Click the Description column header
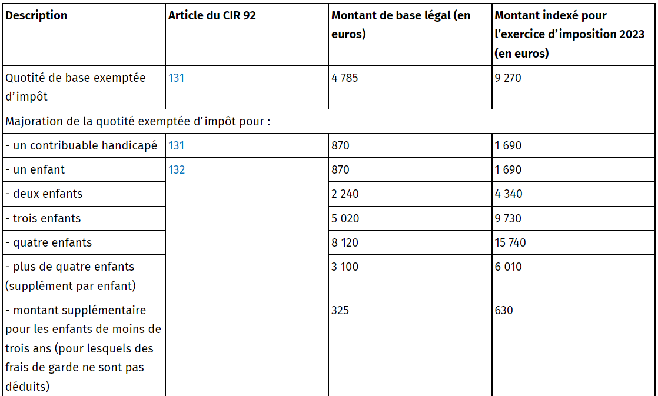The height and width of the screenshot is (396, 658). pyautogui.click(x=36, y=15)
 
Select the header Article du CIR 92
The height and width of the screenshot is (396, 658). pyautogui.click(x=212, y=15)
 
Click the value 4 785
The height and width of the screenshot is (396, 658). pyautogui.click(x=345, y=78)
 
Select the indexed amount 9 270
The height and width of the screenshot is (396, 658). pyautogui.click(x=508, y=78)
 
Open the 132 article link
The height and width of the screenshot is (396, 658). pyautogui.click(x=177, y=169)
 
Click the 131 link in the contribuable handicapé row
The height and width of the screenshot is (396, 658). pyautogui.click(x=177, y=145)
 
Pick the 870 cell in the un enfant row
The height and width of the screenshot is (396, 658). pyautogui.click(x=340, y=169)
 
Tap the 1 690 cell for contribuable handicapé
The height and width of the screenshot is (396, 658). pyautogui.click(x=508, y=145)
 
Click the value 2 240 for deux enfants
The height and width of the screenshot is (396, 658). pyautogui.click(x=345, y=194)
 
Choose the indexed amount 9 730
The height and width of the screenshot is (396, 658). pyautogui.click(x=508, y=218)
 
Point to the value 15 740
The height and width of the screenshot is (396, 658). pyautogui.click(x=510, y=242)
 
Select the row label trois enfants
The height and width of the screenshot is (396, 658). pyautogui.click(x=46, y=218)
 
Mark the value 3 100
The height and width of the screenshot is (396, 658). pyautogui.click(x=344, y=267)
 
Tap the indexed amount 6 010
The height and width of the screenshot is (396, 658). pyautogui.click(x=508, y=267)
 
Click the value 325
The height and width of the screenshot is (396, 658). pyautogui.click(x=340, y=310)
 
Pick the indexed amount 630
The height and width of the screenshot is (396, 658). pyautogui.click(x=504, y=310)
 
